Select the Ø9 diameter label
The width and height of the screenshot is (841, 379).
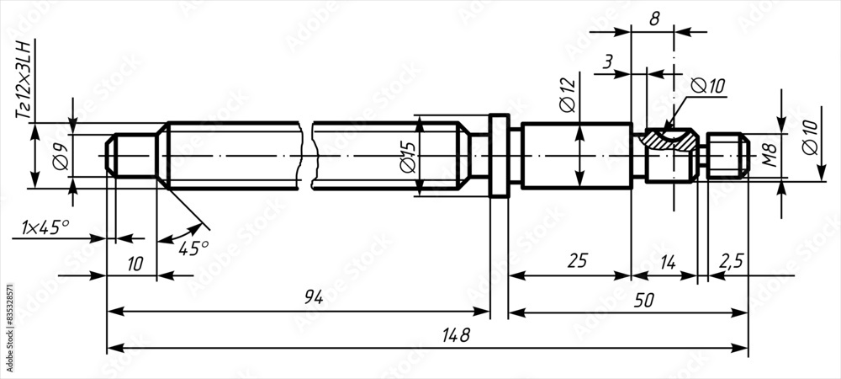[60, 157]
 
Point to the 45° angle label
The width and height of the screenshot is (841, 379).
[193, 248]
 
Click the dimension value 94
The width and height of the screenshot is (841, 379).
[314, 297]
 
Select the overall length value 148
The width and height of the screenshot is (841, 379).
[457, 334]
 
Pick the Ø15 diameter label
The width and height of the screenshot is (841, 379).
[407, 157]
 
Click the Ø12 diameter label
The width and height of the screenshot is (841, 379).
[566, 93]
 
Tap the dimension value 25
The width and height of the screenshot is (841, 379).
[577, 261]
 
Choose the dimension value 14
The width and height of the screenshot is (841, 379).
[666, 261]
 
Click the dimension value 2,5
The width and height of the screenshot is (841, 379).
[731, 261]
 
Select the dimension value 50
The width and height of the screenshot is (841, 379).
[645, 298]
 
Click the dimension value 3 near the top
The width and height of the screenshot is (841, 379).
[607, 62]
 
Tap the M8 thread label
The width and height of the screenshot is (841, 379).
[767, 156]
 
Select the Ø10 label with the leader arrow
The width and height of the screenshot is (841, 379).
[706, 86]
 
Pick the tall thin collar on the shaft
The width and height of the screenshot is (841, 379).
[500, 156]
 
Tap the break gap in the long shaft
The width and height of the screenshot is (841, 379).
[307, 156]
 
